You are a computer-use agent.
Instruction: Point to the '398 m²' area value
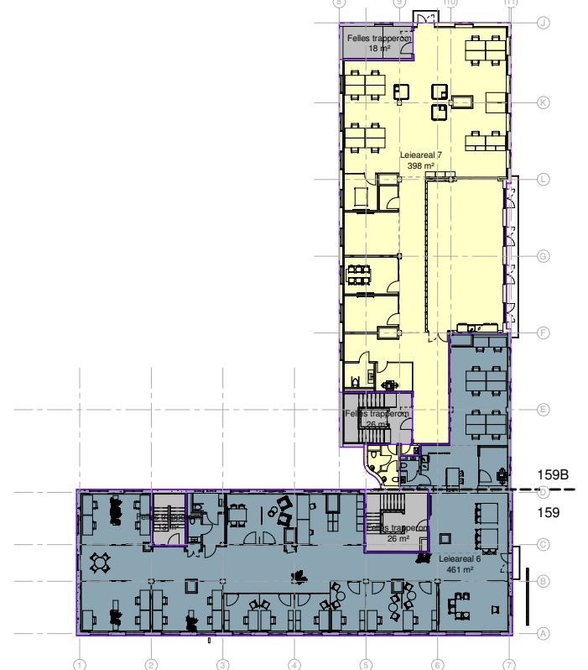(x=420, y=166)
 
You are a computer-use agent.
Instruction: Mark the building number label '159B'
(x=554, y=474)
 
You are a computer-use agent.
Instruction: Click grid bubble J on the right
(x=543, y=23)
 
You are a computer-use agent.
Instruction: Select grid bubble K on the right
(x=543, y=102)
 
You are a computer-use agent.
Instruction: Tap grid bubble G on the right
(x=543, y=256)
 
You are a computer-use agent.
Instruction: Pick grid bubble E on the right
(x=543, y=410)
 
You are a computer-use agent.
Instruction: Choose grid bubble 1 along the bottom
(x=80, y=664)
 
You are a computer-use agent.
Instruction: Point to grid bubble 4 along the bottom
(x=294, y=664)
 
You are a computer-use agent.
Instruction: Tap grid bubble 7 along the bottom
(x=509, y=664)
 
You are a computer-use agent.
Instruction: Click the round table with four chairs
(x=101, y=560)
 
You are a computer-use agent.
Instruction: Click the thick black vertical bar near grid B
(x=528, y=596)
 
